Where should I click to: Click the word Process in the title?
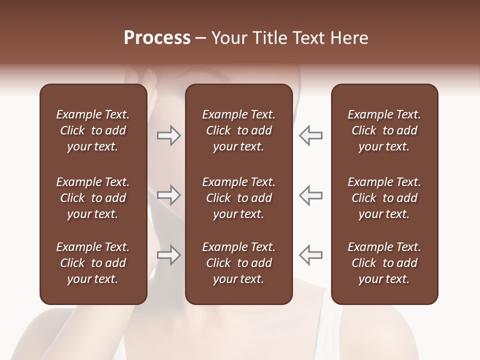(157, 38)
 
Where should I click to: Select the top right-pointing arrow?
(168, 135)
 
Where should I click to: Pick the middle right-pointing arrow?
(168, 195)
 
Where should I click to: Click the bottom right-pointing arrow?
(168, 254)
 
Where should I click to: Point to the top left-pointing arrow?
(311, 135)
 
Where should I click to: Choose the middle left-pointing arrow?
(311, 195)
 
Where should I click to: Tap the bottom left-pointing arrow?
(311, 254)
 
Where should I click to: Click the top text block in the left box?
(93, 130)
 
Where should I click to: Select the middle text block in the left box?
(93, 198)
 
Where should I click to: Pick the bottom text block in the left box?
(93, 263)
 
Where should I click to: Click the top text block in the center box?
(239, 130)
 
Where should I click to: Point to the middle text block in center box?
(239, 198)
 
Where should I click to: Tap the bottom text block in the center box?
(239, 263)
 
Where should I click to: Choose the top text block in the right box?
(384, 130)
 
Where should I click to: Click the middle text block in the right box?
(384, 198)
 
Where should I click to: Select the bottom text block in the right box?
(384, 263)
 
